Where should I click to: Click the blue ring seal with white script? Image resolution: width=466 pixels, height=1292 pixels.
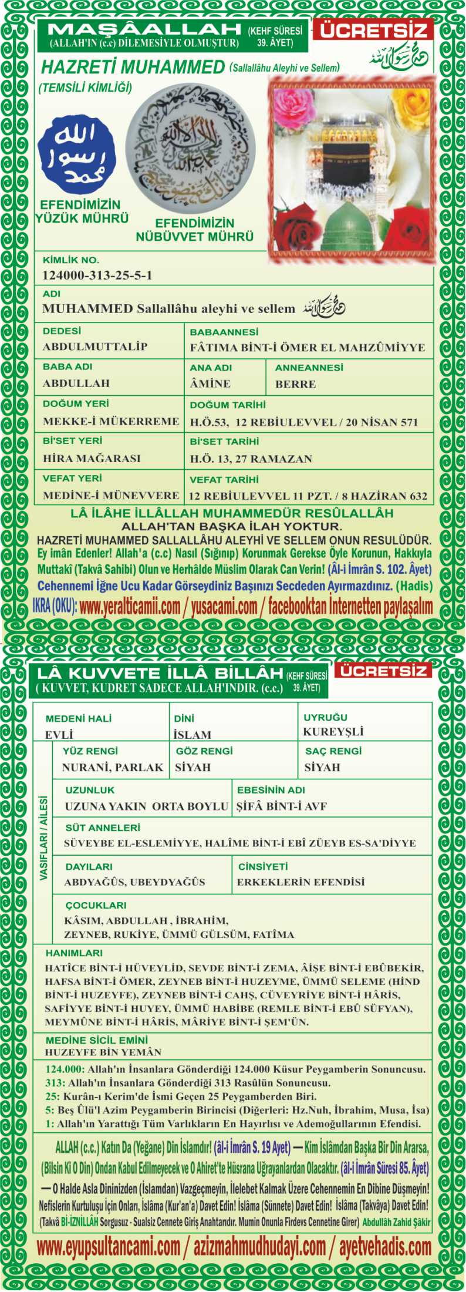(77, 155)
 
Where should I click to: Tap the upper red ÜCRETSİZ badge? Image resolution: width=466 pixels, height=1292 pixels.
(373, 30)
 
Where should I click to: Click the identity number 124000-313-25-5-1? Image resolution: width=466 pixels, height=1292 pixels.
(97, 275)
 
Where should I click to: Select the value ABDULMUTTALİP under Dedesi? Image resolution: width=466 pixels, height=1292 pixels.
(94, 346)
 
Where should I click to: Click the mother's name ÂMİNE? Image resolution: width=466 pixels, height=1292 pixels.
(210, 383)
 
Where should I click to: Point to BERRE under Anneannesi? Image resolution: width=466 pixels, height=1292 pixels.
(295, 384)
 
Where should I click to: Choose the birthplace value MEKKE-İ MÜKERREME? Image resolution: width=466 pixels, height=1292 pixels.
(111, 421)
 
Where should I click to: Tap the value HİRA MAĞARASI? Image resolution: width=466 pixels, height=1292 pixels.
(92, 458)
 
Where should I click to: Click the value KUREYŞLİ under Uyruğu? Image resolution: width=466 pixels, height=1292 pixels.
(333, 732)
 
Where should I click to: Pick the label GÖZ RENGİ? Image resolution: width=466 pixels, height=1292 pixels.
(204, 751)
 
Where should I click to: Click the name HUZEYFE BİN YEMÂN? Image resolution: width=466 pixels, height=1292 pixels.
(103, 1052)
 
